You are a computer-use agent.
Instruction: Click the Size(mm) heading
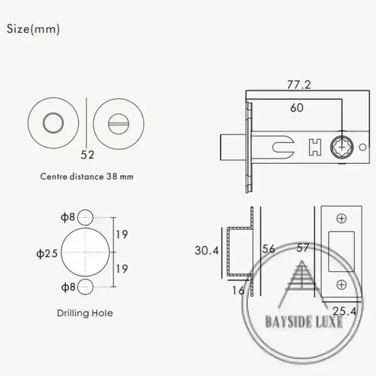tap(33, 29)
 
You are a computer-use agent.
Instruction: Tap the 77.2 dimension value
tap(299, 85)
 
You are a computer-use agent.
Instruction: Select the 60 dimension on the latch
tap(297, 107)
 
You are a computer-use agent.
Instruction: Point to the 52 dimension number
tap(87, 155)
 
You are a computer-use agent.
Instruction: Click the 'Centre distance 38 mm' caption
tap(86, 177)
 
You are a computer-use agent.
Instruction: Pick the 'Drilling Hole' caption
tap(85, 313)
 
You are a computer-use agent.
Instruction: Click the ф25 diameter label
tap(47, 254)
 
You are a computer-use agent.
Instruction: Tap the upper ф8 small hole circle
tap(85, 218)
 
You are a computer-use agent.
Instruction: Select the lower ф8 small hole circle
tap(85, 287)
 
